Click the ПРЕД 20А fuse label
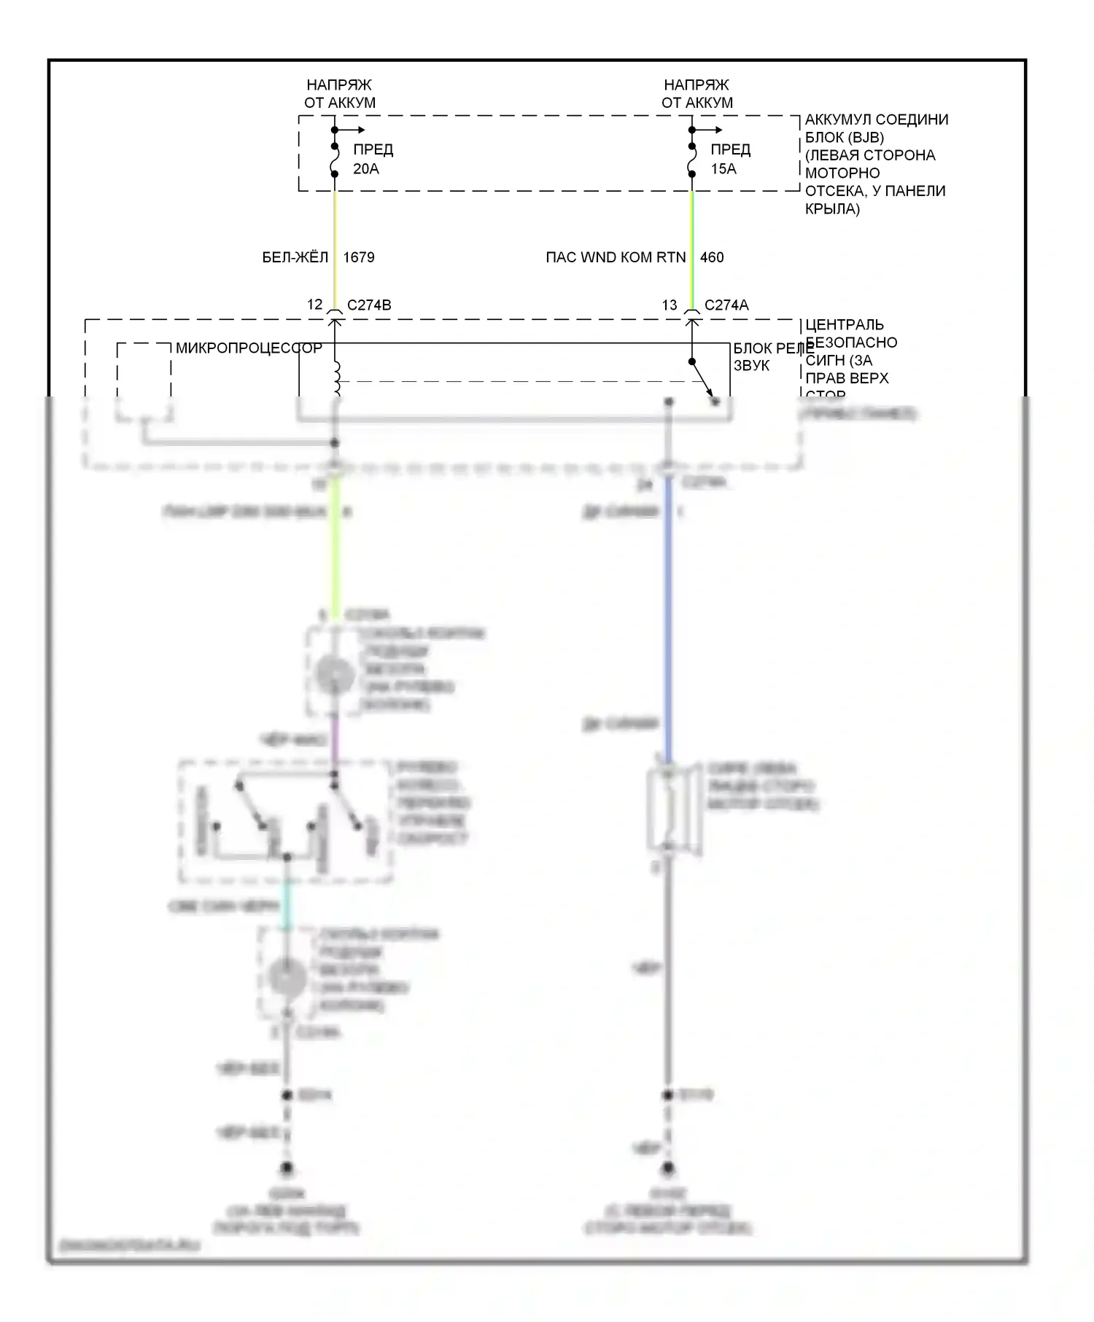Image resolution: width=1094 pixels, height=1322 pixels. [373, 159]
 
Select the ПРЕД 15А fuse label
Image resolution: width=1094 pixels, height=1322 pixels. [730, 159]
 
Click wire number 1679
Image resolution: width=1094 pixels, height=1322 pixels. [359, 257]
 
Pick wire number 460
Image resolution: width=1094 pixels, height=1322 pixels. [712, 257]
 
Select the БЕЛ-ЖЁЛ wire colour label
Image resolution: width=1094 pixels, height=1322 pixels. [295, 257]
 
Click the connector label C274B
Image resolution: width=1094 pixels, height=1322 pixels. [369, 305]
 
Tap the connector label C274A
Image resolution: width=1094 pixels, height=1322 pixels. [726, 305]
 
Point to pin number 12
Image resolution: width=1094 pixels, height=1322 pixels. [314, 305]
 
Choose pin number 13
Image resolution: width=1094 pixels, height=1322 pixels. [670, 305]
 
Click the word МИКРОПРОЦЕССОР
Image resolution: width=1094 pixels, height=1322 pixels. [249, 348]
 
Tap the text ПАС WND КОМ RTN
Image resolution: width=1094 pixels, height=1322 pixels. [616, 257]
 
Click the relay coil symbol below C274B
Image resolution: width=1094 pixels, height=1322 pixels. [335, 380]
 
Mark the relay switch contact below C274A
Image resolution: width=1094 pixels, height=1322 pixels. [702, 379]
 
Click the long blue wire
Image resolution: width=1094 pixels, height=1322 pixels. [667, 619]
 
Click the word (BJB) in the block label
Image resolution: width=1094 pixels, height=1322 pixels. [866, 137]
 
